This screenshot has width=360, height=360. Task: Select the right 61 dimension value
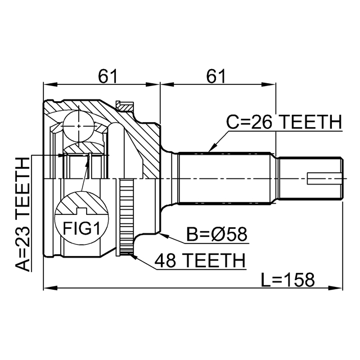(x=218, y=74)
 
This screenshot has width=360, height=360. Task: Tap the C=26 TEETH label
(x=283, y=121)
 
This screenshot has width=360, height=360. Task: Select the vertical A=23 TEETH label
(x=22, y=214)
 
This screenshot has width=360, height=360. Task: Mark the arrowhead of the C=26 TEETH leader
(x=209, y=151)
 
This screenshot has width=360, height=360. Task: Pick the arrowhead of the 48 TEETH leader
(x=130, y=254)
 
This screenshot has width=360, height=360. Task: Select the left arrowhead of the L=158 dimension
(x=46, y=289)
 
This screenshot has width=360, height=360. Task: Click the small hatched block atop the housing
(x=124, y=105)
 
